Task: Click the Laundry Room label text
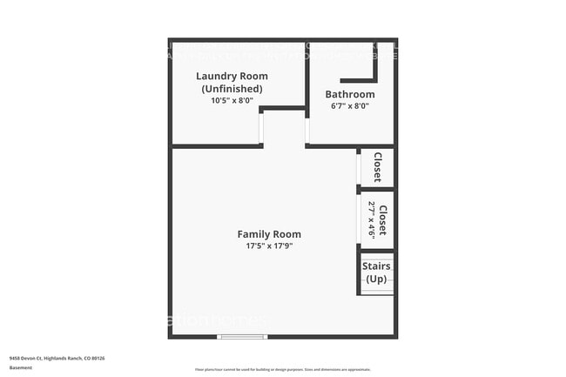231,76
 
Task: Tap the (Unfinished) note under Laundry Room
231,88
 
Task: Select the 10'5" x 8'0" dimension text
231,100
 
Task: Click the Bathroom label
350,94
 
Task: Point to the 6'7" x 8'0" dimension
350,106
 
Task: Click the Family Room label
269,233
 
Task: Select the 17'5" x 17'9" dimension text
269,246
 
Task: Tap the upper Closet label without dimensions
378,167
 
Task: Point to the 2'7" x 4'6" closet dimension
372,220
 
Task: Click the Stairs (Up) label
376,272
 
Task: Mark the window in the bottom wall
242,336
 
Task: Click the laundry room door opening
260,129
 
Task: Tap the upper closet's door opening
359,169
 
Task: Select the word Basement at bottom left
21,367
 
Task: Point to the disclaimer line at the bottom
282,370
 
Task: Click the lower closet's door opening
359,220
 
